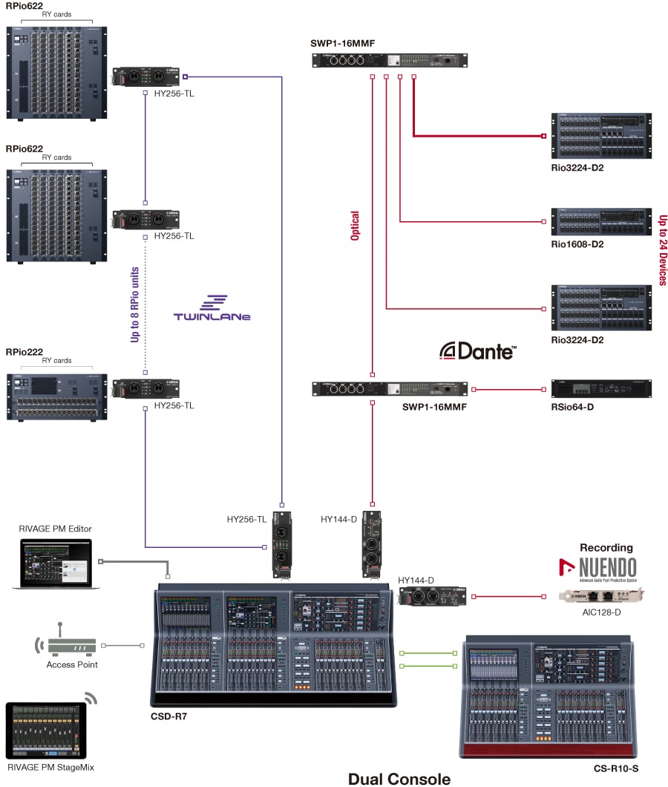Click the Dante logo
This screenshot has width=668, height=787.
[x=477, y=350]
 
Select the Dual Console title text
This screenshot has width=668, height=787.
[x=399, y=778]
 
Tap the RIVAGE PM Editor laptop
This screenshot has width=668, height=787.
[x=51, y=564]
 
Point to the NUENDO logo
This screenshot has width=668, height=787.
[x=597, y=569]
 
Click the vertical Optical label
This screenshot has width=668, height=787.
[x=355, y=226]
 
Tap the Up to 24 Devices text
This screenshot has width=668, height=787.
[x=663, y=250]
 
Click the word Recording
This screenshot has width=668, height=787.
[x=606, y=548]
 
